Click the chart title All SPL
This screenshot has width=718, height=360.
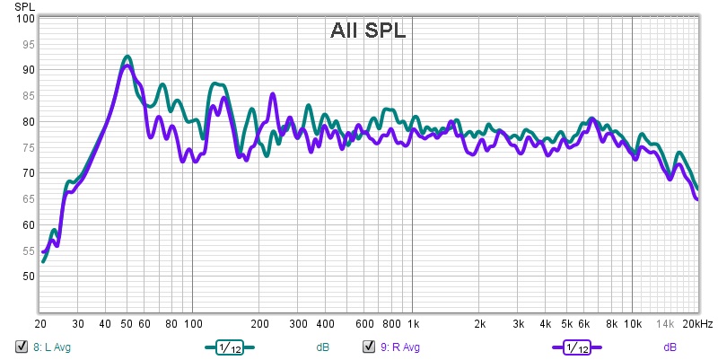368,31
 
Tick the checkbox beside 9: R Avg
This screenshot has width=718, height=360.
368,347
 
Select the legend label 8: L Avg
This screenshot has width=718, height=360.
50,347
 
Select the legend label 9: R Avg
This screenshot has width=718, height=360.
398,347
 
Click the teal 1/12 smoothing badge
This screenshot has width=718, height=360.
229,347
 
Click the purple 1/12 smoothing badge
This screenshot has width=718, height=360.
575,347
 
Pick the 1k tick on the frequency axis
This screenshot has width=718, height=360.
412,323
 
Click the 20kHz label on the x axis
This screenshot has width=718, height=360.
696,323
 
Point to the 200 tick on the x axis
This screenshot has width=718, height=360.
258,323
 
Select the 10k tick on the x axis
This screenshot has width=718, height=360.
633,323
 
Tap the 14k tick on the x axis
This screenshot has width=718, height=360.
665,323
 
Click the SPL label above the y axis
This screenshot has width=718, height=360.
23,6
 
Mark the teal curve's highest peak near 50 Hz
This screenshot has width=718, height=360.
127,57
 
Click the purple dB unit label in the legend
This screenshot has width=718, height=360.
670,347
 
